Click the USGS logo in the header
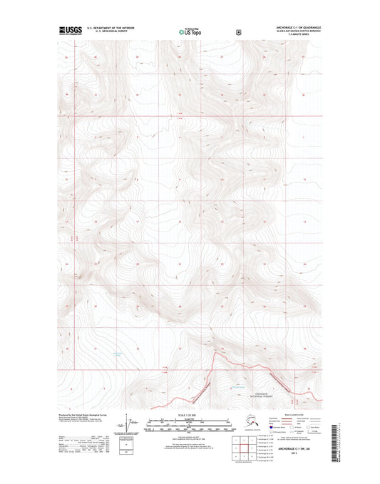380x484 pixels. (x=70, y=31)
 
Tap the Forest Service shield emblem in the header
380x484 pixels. (x=227, y=32)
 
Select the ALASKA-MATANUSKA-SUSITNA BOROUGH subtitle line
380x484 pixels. (x=294, y=31)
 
